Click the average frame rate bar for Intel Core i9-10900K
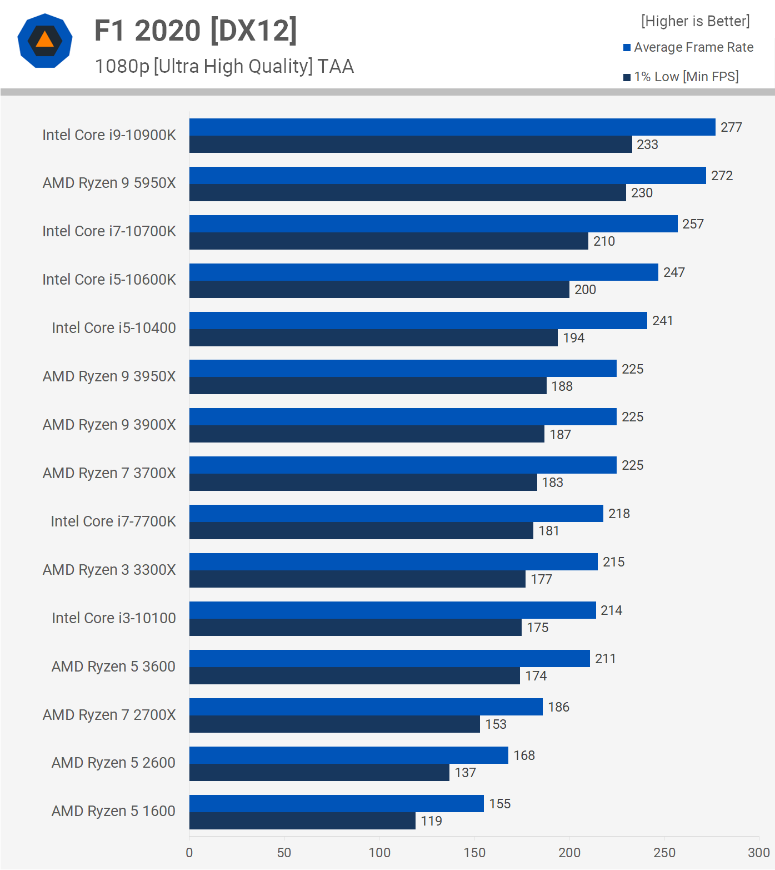[452, 127]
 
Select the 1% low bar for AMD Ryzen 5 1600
[302, 821]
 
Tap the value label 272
[722, 176]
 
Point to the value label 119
[432, 821]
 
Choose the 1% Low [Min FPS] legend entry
[681, 77]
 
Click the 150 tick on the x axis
[474, 853]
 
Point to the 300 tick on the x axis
[759, 853]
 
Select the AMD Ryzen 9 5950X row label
[109, 183]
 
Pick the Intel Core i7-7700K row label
[113, 521]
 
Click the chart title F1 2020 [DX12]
[196, 31]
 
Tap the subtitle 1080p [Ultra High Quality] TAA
[224, 66]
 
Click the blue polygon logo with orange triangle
[45, 41]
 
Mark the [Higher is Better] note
[695, 21]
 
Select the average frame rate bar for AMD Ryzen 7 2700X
[366, 707]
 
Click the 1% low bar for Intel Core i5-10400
[373, 338]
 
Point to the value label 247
[674, 272]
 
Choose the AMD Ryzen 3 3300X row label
[109, 570]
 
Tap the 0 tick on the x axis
[189, 853]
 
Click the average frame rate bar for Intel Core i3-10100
[392, 610]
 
